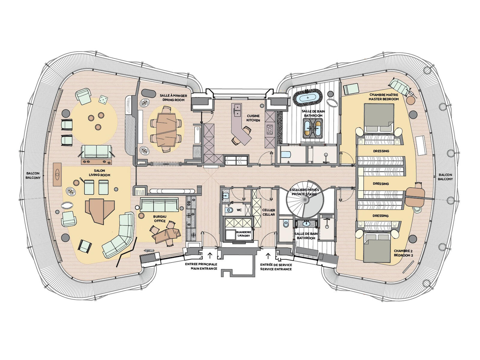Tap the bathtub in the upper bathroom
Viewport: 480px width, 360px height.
point(308,97)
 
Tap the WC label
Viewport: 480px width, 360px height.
point(239,210)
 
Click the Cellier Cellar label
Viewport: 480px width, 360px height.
point(268,212)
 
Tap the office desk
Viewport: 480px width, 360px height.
point(166,235)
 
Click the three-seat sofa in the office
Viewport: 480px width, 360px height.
point(160,205)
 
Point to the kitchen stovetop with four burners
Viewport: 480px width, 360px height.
point(269,129)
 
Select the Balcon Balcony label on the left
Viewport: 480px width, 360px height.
point(33,175)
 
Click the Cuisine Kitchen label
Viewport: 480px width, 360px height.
point(253,118)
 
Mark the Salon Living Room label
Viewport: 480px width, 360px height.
point(100,173)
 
